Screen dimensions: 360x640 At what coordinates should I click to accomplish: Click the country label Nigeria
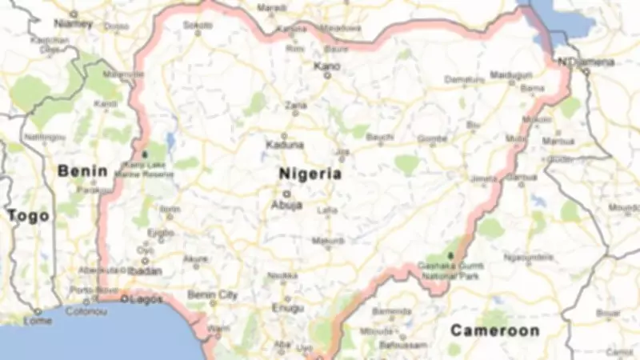[x=310, y=174]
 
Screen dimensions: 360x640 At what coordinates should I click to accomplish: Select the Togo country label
[x=28, y=215]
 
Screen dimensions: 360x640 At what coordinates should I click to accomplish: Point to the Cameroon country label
[x=494, y=330]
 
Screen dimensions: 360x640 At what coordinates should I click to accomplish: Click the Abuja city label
[x=288, y=205]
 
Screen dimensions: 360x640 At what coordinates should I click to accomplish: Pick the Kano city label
[x=326, y=66]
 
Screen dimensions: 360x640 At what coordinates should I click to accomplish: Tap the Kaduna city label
[x=285, y=145]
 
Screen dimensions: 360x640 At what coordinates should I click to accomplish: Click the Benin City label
[x=212, y=294]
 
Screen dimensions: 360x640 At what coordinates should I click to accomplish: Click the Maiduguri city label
[x=510, y=74]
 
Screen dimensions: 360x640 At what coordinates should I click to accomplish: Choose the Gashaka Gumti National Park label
[x=452, y=270]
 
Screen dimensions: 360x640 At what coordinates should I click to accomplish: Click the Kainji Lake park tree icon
[x=146, y=152]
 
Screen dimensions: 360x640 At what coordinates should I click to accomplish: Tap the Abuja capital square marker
[x=286, y=193]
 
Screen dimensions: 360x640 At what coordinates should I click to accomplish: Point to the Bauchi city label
[x=380, y=137]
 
